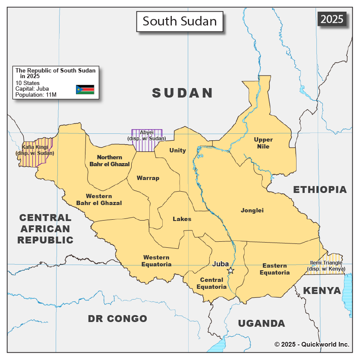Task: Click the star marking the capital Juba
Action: click(231, 271)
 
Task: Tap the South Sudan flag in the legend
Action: click(85, 89)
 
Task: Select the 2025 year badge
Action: click(332, 19)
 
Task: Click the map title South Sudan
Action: click(180, 21)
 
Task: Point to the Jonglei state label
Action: click(252, 211)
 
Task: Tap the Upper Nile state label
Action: click(263, 143)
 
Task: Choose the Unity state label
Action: click(177, 150)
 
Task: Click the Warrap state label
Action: click(148, 178)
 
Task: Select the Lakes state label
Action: click(182, 219)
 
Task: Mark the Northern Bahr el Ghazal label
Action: click(110, 161)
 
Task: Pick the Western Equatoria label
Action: click(157, 261)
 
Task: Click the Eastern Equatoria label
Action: click(275, 269)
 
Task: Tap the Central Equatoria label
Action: click(212, 283)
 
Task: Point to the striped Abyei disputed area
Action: click(147, 140)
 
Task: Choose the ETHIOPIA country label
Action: click(320, 189)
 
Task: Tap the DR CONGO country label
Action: click(117, 319)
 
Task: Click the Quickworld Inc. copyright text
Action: click(312, 344)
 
